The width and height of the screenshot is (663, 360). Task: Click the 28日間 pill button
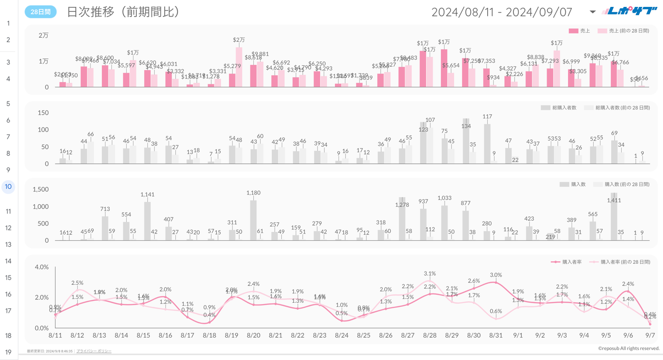click(x=40, y=12)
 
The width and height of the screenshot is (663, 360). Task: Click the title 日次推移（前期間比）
click(x=123, y=12)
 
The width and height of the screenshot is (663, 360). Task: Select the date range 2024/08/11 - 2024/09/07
click(x=502, y=12)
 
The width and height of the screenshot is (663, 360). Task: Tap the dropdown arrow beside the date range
click(x=593, y=12)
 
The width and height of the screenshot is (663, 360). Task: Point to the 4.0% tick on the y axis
click(x=42, y=267)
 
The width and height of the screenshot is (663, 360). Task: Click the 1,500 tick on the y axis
click(x=40, y=189)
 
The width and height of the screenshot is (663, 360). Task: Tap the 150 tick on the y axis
click(x=43, y=113)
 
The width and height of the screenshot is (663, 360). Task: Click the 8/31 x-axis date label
click(x=496, y=335)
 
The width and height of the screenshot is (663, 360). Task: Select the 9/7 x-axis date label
click(x=650, y=335)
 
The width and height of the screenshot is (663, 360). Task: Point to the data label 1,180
click(x=253, y=193)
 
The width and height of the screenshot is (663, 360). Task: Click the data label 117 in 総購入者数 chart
click(x=487, y=117)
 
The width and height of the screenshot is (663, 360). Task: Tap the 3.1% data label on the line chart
click(x=430, y=274)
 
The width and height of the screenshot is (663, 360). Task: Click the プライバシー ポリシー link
click(x=94, y=351)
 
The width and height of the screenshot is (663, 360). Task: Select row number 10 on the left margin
click(x=8, y=187)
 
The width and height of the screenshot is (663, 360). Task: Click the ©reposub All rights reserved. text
click(x=629, y=349)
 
